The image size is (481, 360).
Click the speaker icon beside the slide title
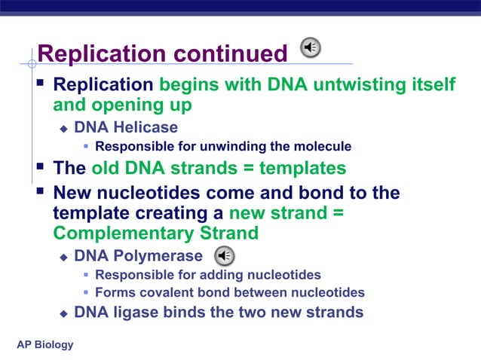click(x=311, y=48)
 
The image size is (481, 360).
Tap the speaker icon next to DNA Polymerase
click(x=225, y=255)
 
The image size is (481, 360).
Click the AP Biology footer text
click(x=45, y=344)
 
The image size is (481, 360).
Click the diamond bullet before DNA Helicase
click(x=64, y=128)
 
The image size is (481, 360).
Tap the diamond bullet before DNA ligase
click(x=64, y=313)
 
